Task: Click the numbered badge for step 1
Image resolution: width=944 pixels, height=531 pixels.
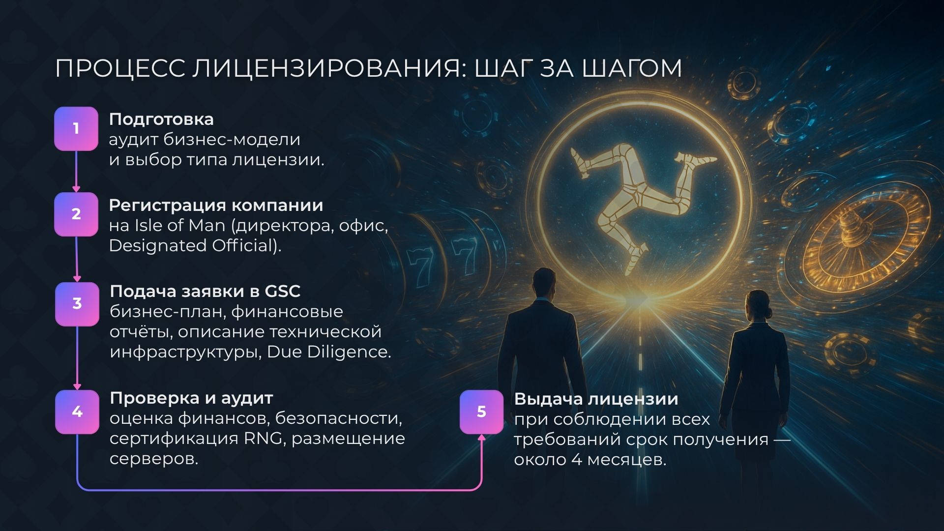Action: point(76,129)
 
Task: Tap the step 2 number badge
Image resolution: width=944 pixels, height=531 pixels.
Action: point(76,214)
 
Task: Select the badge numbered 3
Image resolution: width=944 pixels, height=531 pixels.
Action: point(77,304)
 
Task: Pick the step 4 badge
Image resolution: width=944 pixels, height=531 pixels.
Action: point(77,412)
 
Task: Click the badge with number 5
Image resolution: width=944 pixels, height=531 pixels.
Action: point(481,412)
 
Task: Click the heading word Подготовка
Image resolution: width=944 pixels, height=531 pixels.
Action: point(161,119)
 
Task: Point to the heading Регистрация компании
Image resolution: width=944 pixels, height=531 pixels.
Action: point(216,205)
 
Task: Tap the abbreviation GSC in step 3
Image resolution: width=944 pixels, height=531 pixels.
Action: point(282,291)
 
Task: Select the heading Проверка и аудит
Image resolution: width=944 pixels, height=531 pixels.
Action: point(191,398)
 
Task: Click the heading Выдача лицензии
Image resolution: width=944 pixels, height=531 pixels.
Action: point(596,399)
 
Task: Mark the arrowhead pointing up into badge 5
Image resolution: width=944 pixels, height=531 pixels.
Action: point(481,437)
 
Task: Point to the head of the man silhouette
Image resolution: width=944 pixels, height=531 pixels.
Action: point(543,282)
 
